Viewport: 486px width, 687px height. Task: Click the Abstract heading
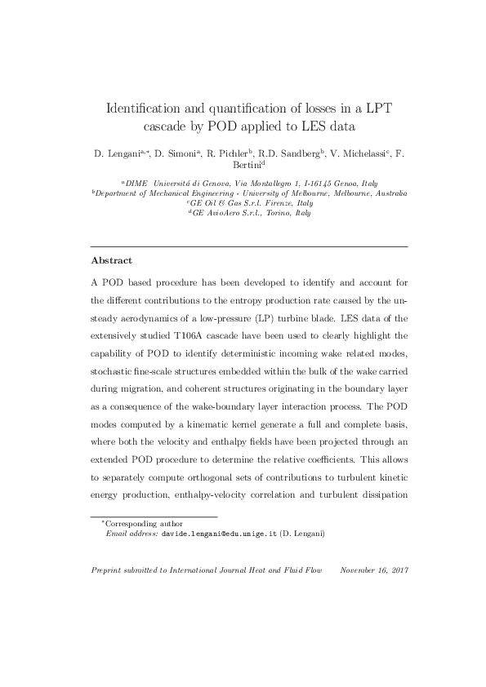111,261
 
